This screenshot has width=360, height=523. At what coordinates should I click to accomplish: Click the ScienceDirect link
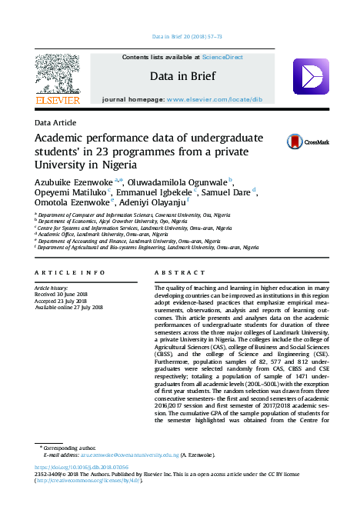pyautogui.click(x=222, y=58)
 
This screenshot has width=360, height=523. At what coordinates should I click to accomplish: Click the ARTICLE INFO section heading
pyautogui.click(x=70, y=273)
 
